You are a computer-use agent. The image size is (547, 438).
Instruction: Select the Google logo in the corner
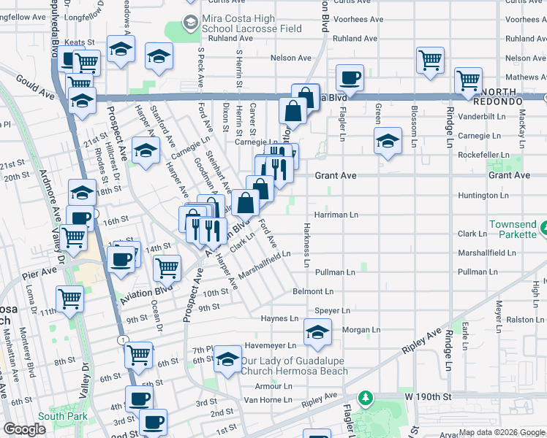coord(24,429)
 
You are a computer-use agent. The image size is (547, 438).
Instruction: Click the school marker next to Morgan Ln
coord(317,332)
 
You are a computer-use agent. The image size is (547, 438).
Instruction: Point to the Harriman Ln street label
coord(336,215)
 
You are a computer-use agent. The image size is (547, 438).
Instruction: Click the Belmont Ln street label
coord(313,291)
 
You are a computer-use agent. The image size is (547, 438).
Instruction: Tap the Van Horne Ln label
coord(268,400)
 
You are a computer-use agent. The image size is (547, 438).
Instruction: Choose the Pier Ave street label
coord(39,272)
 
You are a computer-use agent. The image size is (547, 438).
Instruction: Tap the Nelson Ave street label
coord(286,57)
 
